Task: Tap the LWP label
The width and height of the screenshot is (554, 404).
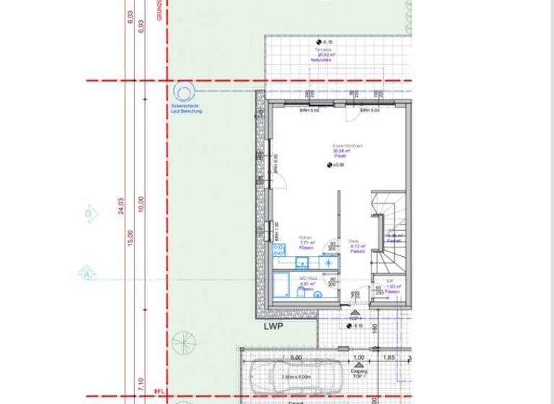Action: pos(273,326)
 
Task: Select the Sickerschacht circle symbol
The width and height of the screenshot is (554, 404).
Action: pos(183,92)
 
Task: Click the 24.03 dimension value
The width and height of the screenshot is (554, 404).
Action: pos(121,206)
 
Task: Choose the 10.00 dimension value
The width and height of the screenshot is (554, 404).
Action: pos(141,205)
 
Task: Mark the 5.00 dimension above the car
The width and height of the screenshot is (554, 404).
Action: pos(296,357)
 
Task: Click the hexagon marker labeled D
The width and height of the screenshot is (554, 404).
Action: pos(89,214)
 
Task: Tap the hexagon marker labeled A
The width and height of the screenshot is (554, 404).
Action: pos(87,273)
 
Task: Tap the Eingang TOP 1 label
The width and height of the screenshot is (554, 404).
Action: pos(359,374)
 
